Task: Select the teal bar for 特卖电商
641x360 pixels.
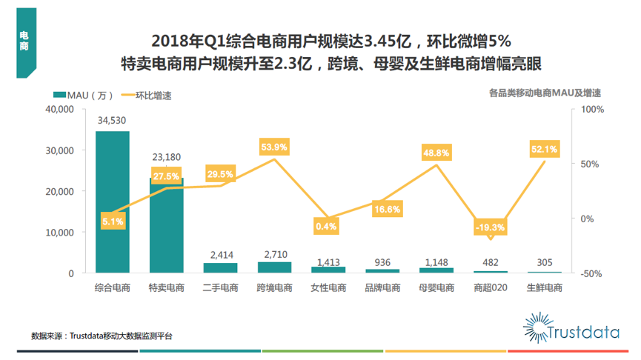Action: (166, 226)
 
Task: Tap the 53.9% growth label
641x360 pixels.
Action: (273, 147)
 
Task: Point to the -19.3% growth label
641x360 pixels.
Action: (490, 227)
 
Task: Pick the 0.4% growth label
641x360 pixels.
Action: (326, 226)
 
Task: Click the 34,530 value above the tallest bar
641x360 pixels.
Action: (113, 120)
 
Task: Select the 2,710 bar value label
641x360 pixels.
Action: (274, 253)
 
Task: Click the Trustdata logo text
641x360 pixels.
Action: (582, 333)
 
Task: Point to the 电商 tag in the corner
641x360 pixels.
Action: (24, 41)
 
